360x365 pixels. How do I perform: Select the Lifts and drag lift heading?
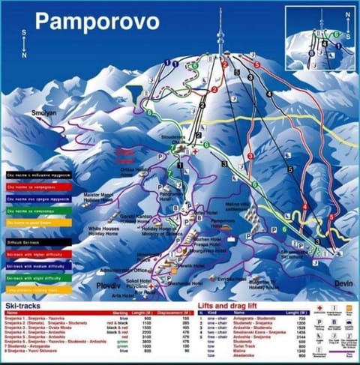click(x=241, y=306)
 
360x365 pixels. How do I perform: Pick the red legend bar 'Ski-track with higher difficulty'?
click(x=37, y=254)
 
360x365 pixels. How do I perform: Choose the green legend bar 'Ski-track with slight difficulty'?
click(x=37, y=277)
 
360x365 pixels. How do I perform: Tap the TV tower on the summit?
click(x=220, y=34)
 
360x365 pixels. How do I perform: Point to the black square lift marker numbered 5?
click(x=289, y=170)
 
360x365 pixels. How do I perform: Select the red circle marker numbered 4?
click(x=304, y=207)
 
